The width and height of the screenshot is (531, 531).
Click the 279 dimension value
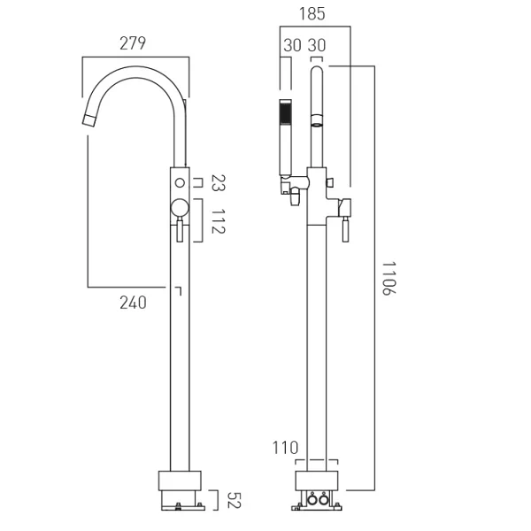133,43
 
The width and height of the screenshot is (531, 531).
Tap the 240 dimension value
133,303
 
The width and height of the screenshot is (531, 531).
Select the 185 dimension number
312,14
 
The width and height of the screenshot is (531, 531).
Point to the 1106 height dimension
389,279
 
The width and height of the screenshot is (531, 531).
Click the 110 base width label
285,448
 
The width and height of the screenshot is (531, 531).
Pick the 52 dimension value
234,500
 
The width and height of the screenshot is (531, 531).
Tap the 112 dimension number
218,221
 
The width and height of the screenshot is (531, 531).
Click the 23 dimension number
218,183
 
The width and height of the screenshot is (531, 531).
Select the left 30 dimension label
292,45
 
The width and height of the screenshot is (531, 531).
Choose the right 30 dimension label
317,45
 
